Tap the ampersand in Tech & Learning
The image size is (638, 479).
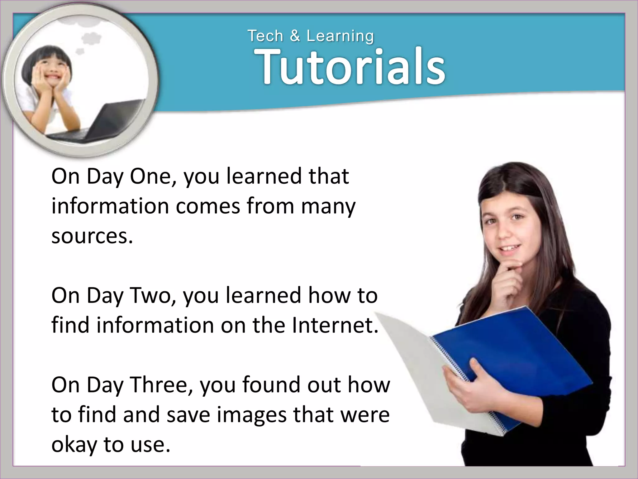point(294,36)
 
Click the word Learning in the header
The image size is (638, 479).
point(340,36)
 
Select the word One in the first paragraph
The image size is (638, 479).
point(150,176)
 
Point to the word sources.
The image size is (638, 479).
point(92,236)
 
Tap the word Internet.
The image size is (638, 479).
point(335,325)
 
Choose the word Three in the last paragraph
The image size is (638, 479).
point(161,385)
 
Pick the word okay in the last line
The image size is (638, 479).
point(74,445)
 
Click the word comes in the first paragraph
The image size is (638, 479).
point(208,206)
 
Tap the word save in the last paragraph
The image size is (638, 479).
point(188,415)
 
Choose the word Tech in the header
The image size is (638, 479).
point(265,36)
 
